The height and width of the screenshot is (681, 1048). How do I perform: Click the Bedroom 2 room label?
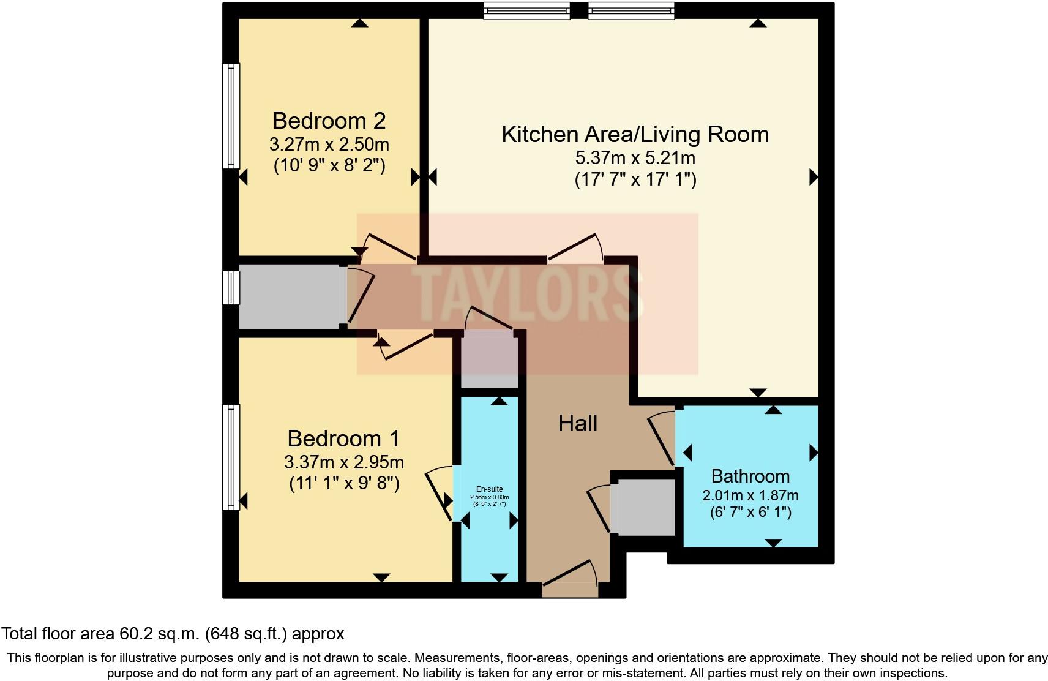[329, 121]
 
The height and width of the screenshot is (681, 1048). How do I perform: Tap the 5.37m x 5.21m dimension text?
[635, 158]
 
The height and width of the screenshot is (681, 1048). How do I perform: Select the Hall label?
[577, 423]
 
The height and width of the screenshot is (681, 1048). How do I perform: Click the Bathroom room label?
[750, 476]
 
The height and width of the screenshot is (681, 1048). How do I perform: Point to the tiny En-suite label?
[489, 489]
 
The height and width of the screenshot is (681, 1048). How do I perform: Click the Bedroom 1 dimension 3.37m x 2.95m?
[343, 462]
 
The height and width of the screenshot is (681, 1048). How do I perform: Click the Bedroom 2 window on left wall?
[231, 116]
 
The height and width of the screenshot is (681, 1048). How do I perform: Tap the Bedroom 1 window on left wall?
[231, 457]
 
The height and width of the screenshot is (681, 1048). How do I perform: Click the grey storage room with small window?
[289, 297]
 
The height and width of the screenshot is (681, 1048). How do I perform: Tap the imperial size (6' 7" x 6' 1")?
[750, 512]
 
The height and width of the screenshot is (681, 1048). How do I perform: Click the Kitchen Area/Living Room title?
[635, 134]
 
